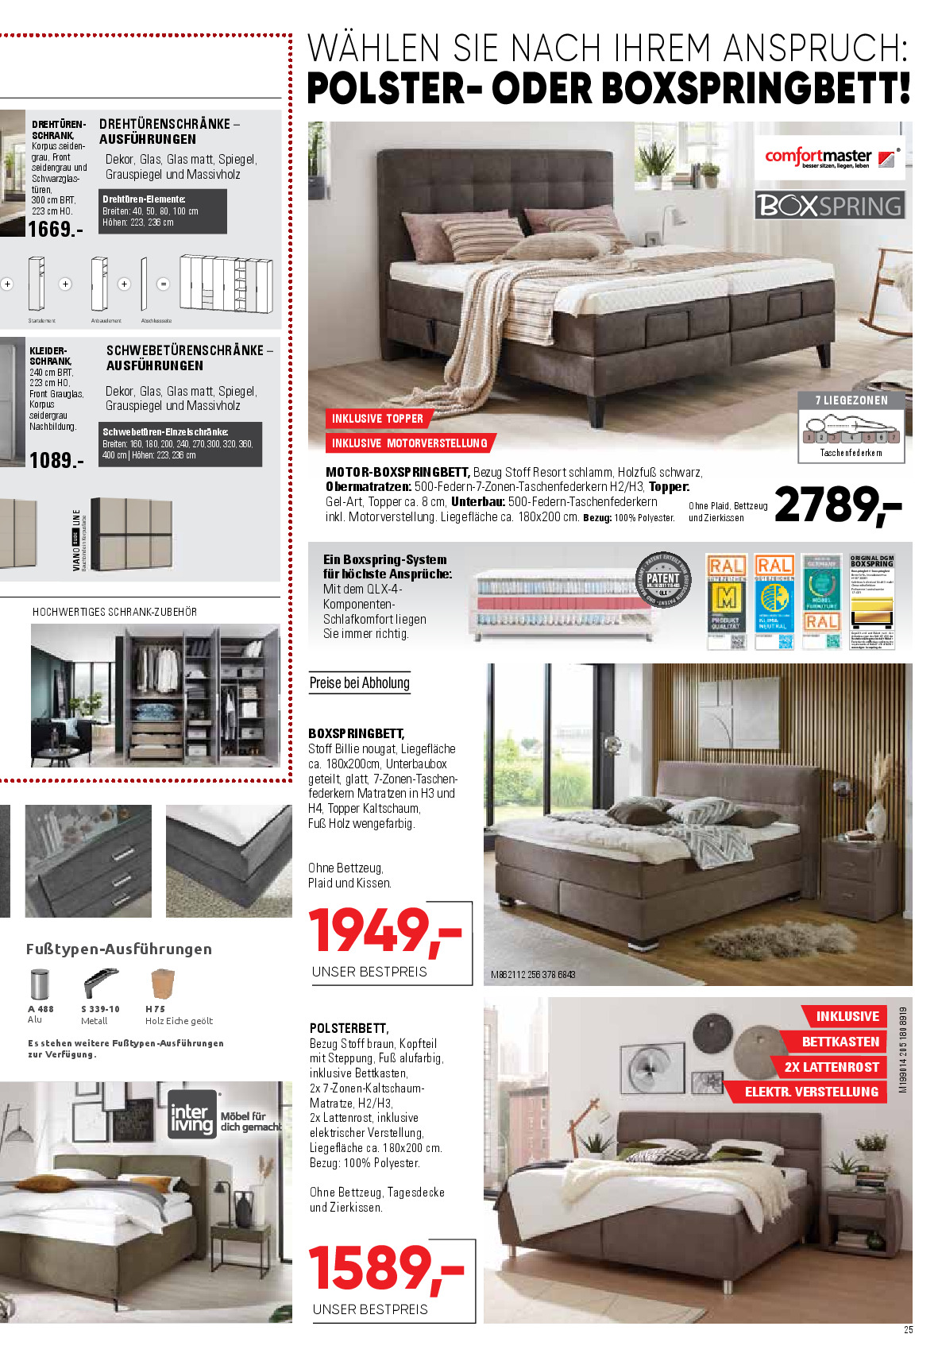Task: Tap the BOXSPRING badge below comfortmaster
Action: pos(829,206)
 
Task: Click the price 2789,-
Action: pos(837,505)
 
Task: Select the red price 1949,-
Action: pos(385,930)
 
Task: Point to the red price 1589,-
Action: pos(386,1268)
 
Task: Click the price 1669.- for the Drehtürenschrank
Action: pos(55,230)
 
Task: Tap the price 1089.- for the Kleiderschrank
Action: pos(56,460)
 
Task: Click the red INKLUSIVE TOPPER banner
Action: pos(377,419)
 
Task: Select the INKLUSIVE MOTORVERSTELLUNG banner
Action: pos(409,443)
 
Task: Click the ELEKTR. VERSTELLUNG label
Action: pos(811,1092)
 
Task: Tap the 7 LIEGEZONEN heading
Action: pos(851,400)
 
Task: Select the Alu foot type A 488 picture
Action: pos(39,984)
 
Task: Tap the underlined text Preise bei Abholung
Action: pos(360,683)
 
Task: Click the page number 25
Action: pos(909,1330)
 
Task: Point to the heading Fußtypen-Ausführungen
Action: pos(119,949)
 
